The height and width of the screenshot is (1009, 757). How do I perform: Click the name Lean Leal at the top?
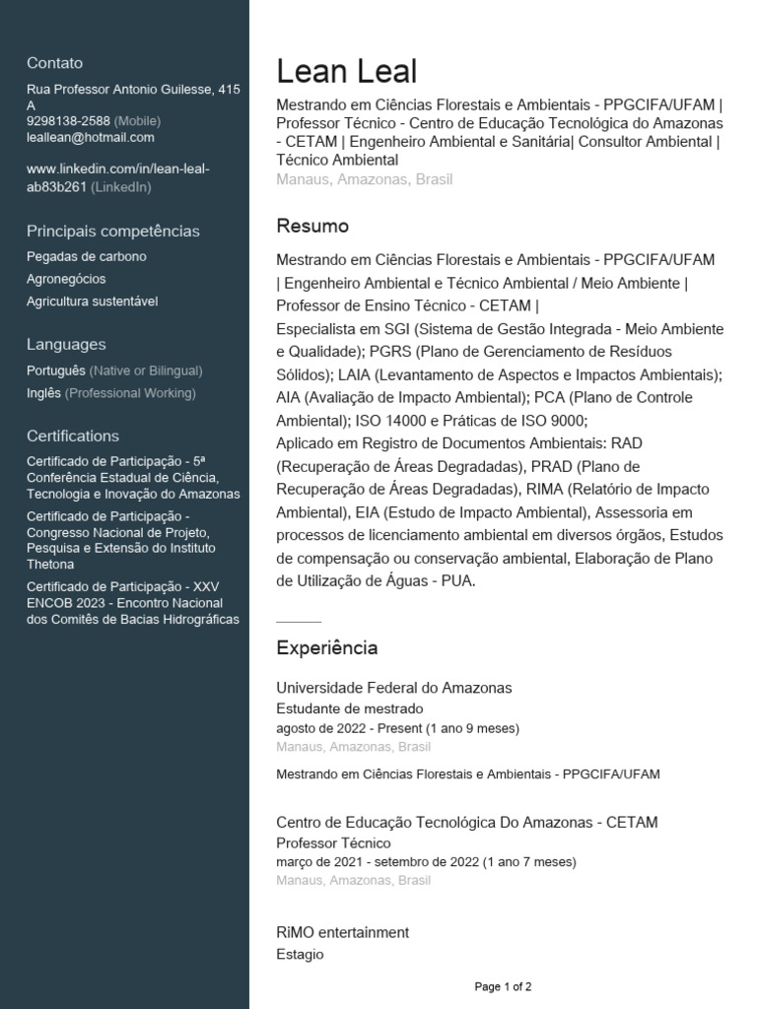(346, 72)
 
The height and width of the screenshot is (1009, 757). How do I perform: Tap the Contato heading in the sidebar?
(55, 63)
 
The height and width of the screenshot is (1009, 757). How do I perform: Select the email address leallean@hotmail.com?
(91, 138)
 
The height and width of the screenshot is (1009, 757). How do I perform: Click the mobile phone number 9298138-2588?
(68, 121)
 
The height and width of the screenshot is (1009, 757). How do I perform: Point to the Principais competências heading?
(113, 232)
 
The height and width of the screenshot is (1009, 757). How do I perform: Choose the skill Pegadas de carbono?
(87, 257)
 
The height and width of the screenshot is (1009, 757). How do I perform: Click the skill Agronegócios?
(66, 279)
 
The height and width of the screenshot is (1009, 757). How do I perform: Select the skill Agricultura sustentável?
(92, 302)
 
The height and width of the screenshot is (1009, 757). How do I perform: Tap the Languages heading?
(66, 345)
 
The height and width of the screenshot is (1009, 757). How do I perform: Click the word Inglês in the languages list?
(44, 393)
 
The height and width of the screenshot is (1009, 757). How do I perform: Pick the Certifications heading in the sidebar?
(73, 436)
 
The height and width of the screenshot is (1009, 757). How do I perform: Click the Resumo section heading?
(312, 226)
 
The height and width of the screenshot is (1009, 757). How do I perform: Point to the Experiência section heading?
(326, 648)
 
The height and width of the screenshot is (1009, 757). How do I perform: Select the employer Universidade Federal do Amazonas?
(394, 688)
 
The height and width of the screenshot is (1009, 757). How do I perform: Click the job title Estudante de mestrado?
(350, 708)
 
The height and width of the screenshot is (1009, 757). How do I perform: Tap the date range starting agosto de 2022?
(397, 728)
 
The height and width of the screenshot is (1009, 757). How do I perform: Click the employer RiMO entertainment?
(342, 932)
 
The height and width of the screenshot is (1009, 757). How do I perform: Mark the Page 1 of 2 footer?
(503, 986)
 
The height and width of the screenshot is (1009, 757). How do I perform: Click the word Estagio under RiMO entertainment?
(300, 954)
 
